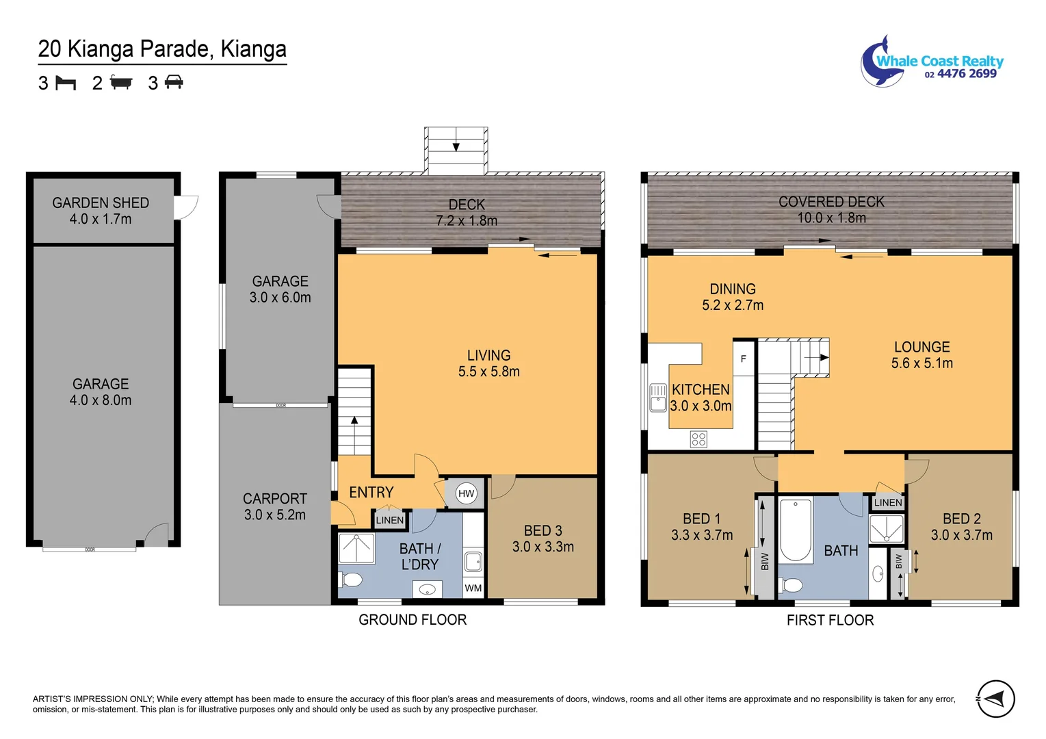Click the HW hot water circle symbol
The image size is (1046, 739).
point(466,493)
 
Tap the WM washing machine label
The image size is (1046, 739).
point(473,588)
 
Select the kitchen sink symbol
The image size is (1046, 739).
point(657,398)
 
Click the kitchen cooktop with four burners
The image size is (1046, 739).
point(698,439)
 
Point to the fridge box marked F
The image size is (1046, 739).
point(744,359)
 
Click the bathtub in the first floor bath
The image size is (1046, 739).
point(795,531)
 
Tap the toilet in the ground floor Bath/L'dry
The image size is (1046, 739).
point(351,580)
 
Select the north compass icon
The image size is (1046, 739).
point(995,699)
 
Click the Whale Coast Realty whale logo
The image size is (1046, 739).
point(879,63)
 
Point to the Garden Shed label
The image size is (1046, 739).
point(101,203)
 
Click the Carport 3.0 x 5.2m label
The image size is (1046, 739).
point(275,507)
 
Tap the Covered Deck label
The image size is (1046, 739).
point(831,202)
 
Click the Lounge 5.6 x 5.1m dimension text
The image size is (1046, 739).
point(921,363)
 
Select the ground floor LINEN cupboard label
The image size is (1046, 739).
point(390,520)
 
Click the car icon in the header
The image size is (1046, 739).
point(174,83)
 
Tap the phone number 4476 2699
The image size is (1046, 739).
point(967,74)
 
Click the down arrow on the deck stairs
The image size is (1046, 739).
point(456,146)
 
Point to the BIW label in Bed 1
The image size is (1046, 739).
point(765,562)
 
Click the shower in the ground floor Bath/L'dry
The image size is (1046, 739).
point(356,548)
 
